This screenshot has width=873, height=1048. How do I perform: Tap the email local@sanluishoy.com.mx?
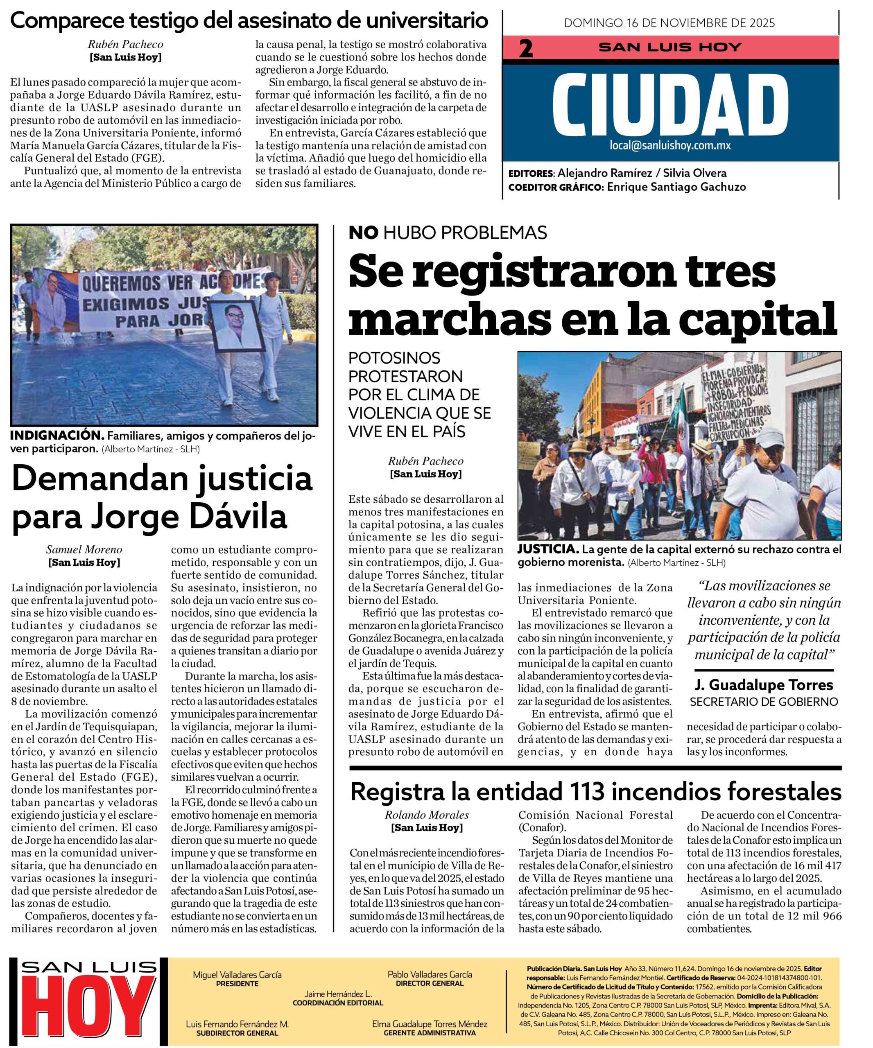(x=670, y=146)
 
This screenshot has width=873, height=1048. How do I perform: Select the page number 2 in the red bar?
(x=526, y=49)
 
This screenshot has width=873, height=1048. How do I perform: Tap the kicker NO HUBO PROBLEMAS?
(x=448, y=233)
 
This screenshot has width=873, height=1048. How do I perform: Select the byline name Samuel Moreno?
(x=84, y=549)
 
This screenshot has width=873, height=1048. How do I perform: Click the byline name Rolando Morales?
(x=427, y=815)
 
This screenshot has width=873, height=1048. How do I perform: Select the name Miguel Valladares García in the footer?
(x=237, y=974)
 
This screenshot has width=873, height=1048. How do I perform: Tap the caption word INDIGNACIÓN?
(x=57, y=436)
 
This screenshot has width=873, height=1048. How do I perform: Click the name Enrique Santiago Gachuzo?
(x=676, y=187)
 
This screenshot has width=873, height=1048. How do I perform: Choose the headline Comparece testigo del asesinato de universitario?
(x=249, y=20)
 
